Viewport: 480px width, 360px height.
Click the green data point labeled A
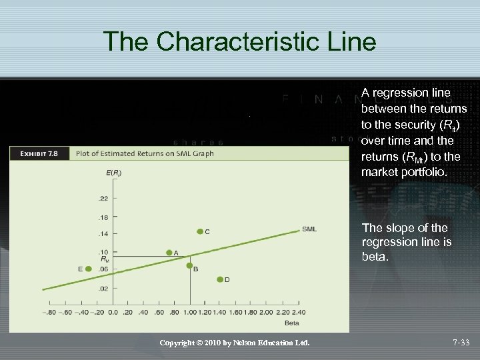(x=169, y=253)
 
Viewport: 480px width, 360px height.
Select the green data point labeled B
(x=189, y=266)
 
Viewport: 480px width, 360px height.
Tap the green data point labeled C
(x=199, y=231)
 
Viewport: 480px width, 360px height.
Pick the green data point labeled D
(x=220, y=279)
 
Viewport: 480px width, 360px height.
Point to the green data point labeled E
(x=89, y=269)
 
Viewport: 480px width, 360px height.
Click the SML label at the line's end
(x=309, y=229)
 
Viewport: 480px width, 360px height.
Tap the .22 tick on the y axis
(x=103, y=199)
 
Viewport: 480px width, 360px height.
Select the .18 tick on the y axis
(x=103, y=217)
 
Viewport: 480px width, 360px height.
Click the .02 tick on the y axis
(x=103, y=289)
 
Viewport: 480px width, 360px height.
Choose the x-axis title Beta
(x=292, y=323)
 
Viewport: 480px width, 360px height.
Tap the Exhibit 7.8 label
(x=39, y=153)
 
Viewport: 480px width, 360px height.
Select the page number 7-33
(x=461, y=343)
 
